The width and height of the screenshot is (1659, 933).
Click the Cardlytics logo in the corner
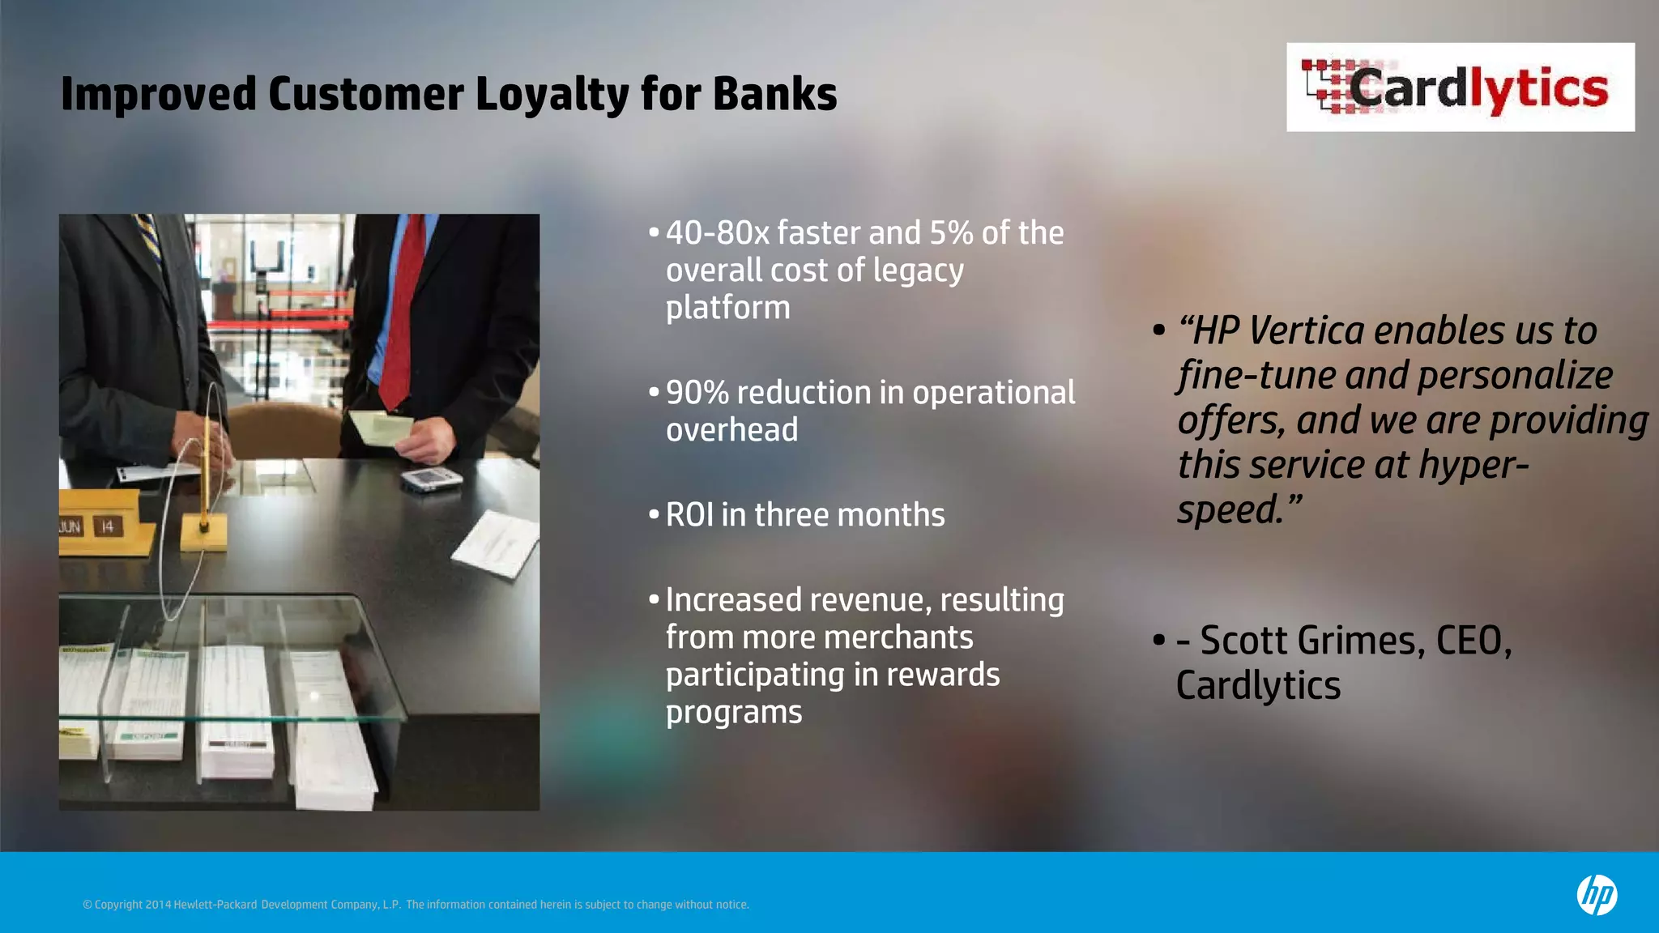point(1460,87)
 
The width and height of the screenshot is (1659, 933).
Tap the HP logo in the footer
point(1597,896)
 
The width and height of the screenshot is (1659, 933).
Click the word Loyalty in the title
point(551,94)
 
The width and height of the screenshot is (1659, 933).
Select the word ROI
point(689,515)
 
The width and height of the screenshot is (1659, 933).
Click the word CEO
point(1472,641)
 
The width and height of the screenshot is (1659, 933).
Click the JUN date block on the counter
point(71,527)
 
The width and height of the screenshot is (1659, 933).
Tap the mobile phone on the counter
point(431,479)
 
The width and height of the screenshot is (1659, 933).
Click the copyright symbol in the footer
point(87,905)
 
